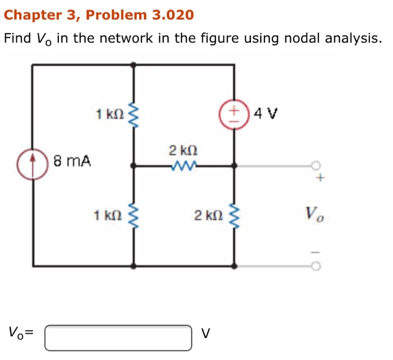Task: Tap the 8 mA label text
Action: pyautogui.click(x=72, y=161)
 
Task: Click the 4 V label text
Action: pyautogui.click(x=265, y=114)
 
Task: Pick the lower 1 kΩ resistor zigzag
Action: pyautogui.click(x=133, y=215)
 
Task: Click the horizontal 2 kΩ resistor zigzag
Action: pyautogui.click(x=183, y=166)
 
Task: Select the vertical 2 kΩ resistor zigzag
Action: pyautogui.click(x=234, y=215)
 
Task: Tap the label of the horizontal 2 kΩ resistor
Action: pyautogui.click(x=183, y=150)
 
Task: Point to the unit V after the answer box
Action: pyautogui.click(x=205, y=334)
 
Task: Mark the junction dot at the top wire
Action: pyautogui.click(x=133, y=64)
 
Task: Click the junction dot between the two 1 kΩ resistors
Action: pyautogui.click(x=133, y=166)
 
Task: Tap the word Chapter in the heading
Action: pyautogui.click(x=27, y=15)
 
